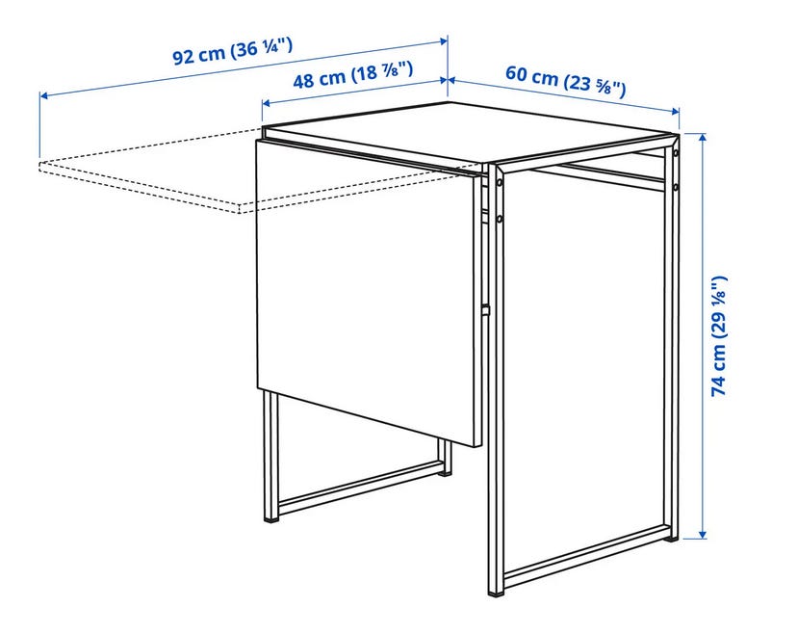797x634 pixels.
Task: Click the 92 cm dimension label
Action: pos(233,51)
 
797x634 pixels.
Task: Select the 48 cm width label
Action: pos(352,75)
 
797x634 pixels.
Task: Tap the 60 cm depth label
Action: pos(565,80)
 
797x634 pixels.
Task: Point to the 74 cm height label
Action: pos(720,336)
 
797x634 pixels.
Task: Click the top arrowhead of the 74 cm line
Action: pos(703,137)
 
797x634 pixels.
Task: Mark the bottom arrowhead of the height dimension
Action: pos(703,534)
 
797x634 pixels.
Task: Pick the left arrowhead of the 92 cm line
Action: pos(43,95)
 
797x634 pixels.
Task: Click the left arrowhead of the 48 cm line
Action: pos(266,103)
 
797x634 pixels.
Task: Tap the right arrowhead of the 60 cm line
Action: pos(676,111)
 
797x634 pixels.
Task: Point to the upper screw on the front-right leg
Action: pos(500,182)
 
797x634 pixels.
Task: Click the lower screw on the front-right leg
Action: pos(500,219)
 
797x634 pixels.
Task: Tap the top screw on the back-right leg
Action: pos(675,153)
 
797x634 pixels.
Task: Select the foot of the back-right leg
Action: pos(674,538)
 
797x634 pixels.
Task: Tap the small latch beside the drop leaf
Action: pos(486,309)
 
